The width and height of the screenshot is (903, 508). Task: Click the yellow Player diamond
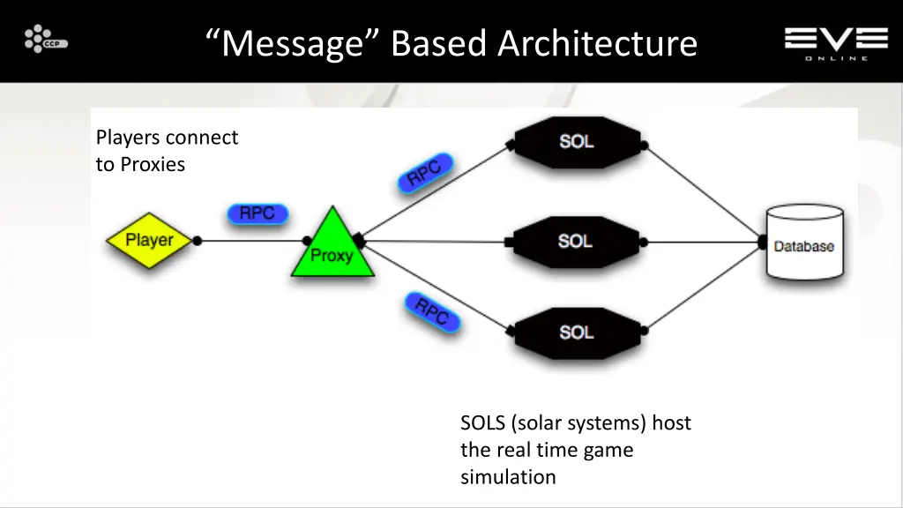tap(149, 240)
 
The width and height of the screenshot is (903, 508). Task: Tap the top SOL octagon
tap(577, 141)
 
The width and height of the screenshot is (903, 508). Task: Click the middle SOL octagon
tap(575, 241)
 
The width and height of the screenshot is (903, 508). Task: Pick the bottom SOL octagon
tap(576, 332)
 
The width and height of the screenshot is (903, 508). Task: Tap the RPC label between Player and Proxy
tap(257, 214)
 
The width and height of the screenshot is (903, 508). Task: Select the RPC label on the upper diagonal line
tap(425, 172)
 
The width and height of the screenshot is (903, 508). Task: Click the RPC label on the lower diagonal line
tap(432, 312)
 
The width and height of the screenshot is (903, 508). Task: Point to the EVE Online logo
tap(836, 42)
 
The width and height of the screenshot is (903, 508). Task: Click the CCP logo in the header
tap(46, 40)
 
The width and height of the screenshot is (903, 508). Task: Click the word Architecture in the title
tap(597, 43)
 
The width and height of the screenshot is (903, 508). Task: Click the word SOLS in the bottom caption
tap(482, 423)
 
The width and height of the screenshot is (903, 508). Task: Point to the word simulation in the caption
tap(507, 477)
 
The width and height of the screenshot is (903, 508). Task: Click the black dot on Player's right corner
tap(198, 240)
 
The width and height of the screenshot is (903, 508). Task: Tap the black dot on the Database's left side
tap(763, 240)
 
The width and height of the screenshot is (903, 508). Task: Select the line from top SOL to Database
tap(705, 192)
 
